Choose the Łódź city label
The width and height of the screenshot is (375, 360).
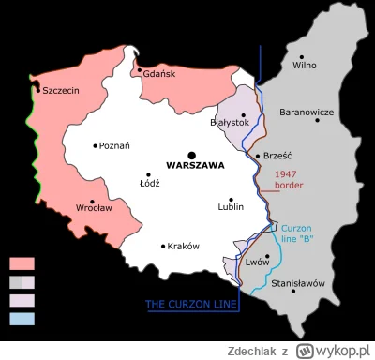pos(149,182)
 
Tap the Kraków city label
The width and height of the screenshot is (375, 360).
pos(184,246)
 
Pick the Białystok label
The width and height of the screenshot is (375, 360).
pos(229,122)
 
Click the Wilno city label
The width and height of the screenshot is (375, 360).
pos(305,65)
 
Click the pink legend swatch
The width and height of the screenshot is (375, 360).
pos(22,263)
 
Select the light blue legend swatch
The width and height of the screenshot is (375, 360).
pos(22,319)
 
